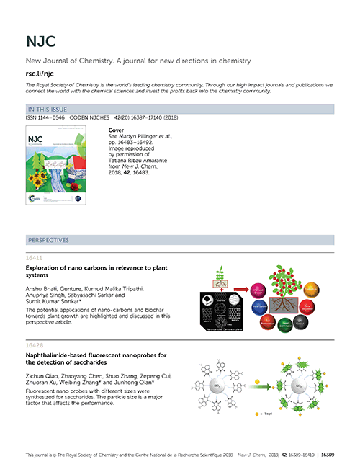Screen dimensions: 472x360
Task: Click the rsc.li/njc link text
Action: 40,73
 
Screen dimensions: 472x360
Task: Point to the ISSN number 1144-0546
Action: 50,117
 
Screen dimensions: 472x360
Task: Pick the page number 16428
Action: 35,344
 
